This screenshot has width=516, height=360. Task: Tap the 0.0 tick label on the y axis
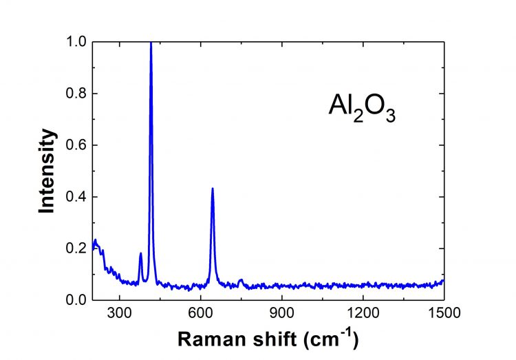pyautogui.click(x=76, y=300)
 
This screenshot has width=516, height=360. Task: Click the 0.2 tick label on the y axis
pyautogui.click(x=76, y=248)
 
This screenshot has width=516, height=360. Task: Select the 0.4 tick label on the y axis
pyautogui.click(x=76, y=197)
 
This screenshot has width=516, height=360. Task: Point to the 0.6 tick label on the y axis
pyautogui.click(x=76, y=145)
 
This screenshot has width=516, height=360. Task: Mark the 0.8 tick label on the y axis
pyautogui.click(x=76, y=94)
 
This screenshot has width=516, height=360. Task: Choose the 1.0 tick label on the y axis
pyautogui.click(x=76, y=42)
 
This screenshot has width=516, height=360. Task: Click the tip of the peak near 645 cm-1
pyautogui.click(x=213, y=188)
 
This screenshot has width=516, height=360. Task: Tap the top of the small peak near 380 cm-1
pyautogui.click(x=141, y=253)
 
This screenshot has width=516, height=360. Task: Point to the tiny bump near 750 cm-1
pyautogui.click(x=240, y=279)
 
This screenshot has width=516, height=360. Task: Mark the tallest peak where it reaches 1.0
pyautogui.click(x=151, y=43)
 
